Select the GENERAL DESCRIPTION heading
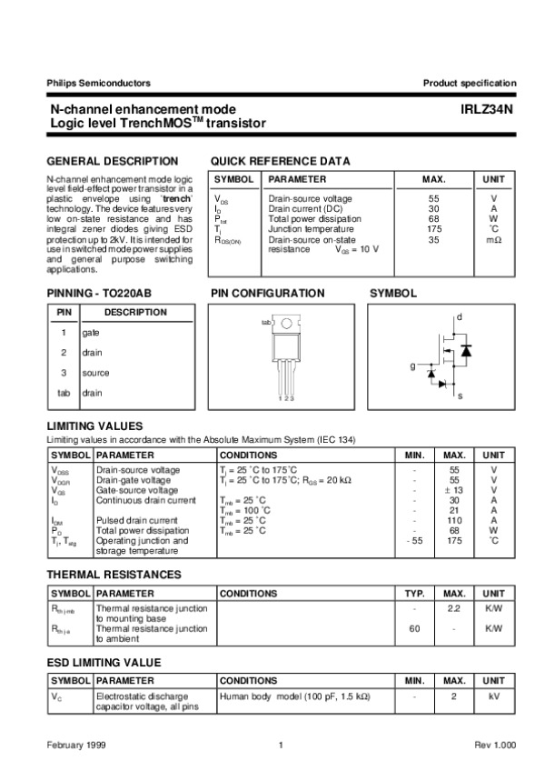click(112, 160)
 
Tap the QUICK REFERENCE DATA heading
click(280, 160)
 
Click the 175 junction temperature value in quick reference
click(434, 229)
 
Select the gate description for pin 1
click(91, 333)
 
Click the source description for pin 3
click(95, 373)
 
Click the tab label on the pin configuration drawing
click(266, 323)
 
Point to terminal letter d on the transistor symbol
click(459, 316)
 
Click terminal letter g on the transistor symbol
click(411, 365)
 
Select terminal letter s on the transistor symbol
click(460, 397)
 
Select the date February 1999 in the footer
click(76, 745)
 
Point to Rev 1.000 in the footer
click(495, 745)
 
